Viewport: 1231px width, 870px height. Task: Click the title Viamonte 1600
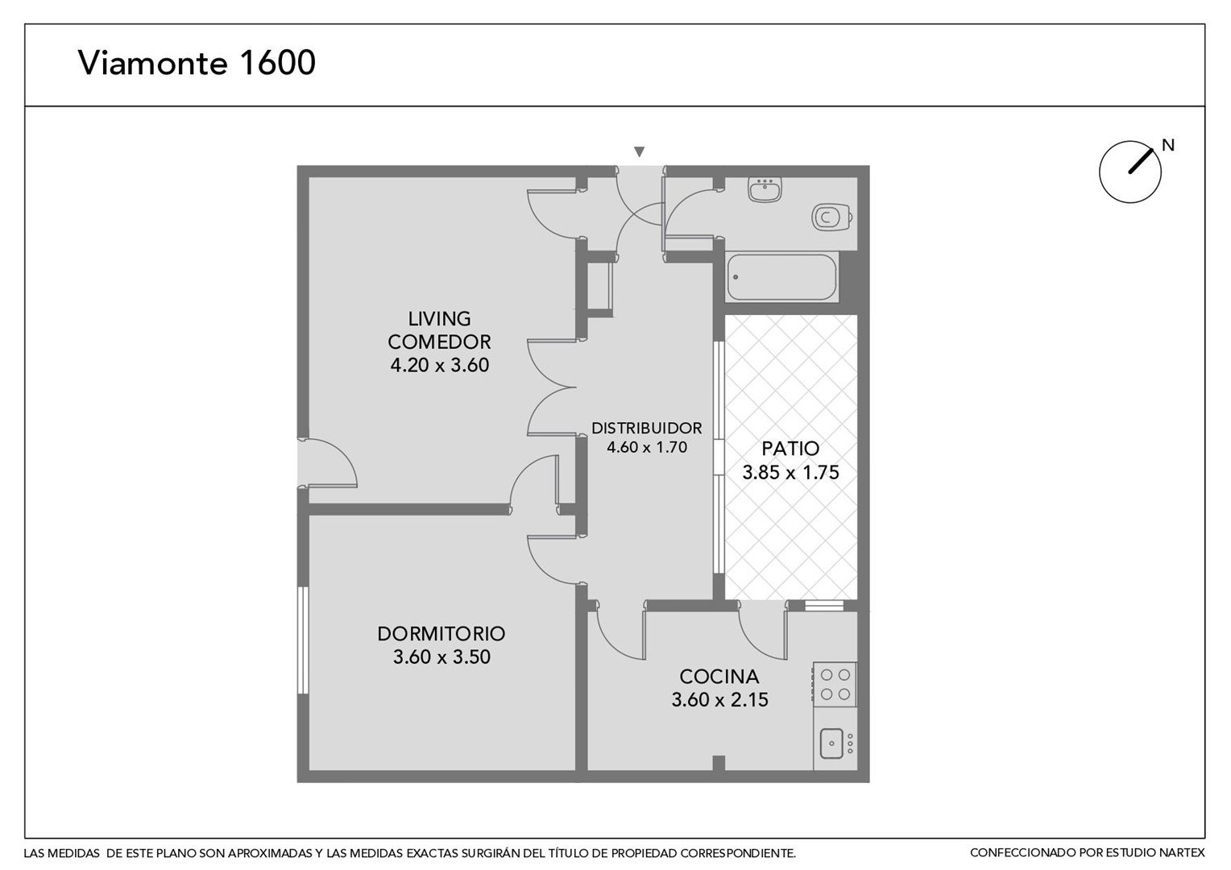click(197, 62)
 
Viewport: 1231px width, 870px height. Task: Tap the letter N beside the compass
click(1168, 145)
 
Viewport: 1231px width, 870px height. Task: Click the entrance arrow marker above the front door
click(639, 151)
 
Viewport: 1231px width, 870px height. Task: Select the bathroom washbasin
click(765, 190)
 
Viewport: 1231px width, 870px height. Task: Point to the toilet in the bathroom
click(832, 217)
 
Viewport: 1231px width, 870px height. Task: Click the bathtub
click(781, 277)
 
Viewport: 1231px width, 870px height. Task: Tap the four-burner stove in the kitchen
click(835, 684)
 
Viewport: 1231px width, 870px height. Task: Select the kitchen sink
click(831, 744)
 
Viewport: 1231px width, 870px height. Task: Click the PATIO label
click(790, 449)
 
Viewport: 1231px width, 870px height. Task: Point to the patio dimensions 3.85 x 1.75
click(791, 473)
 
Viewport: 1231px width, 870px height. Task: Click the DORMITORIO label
click(441, 634)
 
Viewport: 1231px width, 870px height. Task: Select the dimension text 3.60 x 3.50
click(441, 657)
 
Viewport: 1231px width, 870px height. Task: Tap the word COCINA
click(719, 676)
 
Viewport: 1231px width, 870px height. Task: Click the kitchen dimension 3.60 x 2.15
click(719, 700)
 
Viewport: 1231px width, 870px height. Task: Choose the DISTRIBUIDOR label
click(647, 428)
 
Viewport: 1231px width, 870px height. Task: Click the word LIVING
click(439, 319)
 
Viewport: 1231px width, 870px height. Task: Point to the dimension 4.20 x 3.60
click(440, 366)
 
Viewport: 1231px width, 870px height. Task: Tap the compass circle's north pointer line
click(1141, 161)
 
